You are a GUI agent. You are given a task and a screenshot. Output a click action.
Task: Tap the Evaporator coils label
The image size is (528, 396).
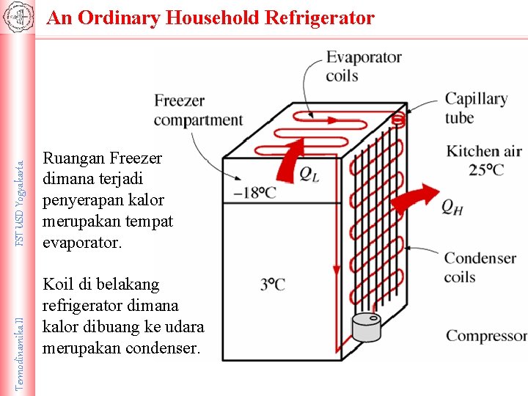pos(364,66)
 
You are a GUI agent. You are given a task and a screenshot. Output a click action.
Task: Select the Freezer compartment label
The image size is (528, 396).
pos(198,110)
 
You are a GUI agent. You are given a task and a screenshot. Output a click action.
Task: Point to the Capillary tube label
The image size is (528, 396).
pos(476,108)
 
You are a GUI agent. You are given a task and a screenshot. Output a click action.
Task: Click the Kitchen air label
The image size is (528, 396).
pos(484,151)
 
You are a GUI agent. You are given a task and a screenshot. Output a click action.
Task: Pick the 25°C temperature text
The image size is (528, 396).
pos(486,169)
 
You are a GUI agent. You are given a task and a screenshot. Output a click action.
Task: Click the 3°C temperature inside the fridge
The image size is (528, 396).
pos(272,285)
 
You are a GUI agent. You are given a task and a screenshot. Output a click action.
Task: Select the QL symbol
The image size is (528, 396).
pos(309,173)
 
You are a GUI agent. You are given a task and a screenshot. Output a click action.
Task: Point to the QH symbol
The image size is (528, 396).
pos(452,208)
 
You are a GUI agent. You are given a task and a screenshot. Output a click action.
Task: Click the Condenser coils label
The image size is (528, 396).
pos(480,267)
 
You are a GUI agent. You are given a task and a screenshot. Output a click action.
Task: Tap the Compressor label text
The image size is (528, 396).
pos(486,336)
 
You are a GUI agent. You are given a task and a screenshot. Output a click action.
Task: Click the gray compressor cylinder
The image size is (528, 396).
pos(367,327)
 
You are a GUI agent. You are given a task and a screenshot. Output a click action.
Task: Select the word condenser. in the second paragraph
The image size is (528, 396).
pos(157,348)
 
